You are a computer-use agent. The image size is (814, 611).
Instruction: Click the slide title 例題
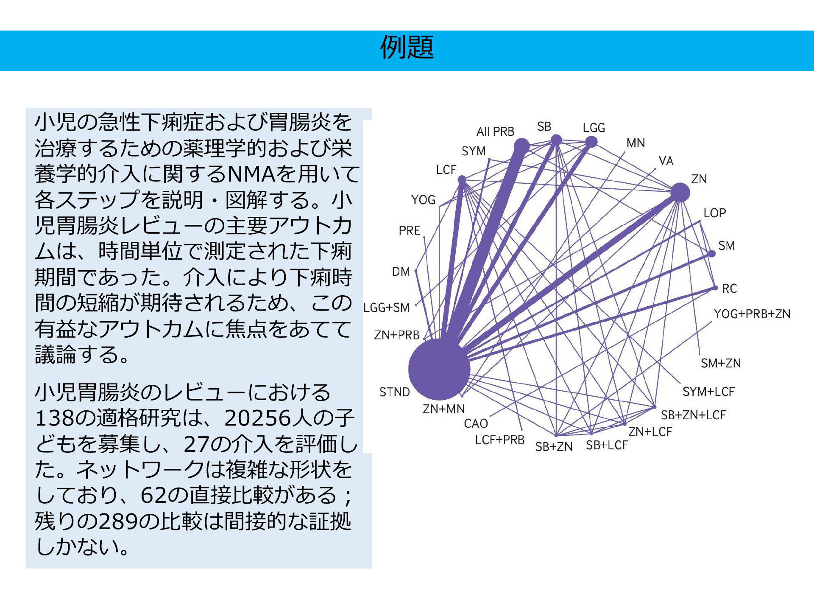click(x=407, y=48)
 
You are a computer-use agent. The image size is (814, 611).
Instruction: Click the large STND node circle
click(x=439, y=369)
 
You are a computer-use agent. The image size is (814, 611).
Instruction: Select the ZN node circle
click(x=680, y=193)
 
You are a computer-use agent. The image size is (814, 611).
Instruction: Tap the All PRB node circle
click(x=521, y=146)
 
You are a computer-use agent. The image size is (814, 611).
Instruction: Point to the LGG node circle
click(x=591, y=141)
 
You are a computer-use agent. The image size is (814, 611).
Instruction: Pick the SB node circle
click(x=556, y=140)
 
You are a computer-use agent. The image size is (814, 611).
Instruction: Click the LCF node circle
click(x=462, y=180)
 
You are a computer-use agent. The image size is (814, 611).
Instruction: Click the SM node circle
click(x=712, y=253)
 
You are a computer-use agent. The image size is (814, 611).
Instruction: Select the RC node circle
click(x=715, y=288)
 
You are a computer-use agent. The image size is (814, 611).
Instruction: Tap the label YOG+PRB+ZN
click(x=752, y=314)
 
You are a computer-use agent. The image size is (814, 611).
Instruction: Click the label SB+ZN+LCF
click(x=694, y=415)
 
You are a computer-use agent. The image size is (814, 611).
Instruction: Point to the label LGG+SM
click(x=387, y=308)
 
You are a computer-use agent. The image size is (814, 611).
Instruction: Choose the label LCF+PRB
click(x=500, y=440)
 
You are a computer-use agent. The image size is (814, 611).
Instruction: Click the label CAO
click(x=476, y=423)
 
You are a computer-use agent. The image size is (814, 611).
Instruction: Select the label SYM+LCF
click(x=708, y=392)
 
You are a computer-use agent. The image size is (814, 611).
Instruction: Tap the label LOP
click(x=715, y=213)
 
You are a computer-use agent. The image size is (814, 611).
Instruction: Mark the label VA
click(x=666, y=161)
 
